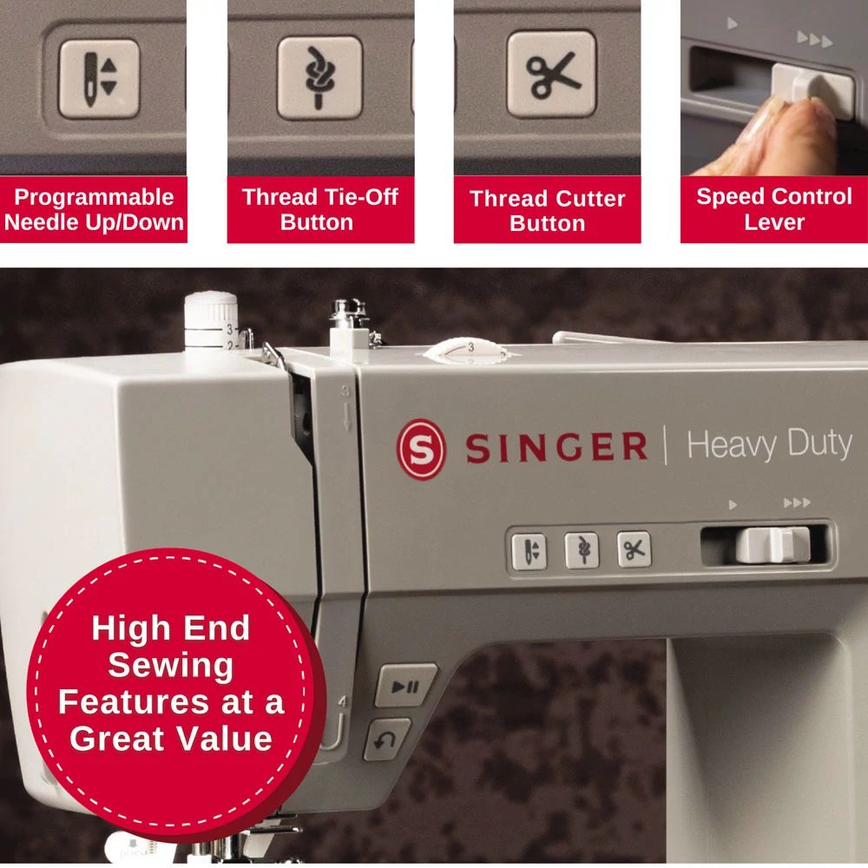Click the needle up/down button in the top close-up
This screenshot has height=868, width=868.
tap(98, 78)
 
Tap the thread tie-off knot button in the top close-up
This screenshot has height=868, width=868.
tap(319, 78)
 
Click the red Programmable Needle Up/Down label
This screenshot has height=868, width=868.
tap(94, 210)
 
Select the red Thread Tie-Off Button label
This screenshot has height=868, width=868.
tap(320, 209)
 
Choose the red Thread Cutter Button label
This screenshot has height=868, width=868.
tap(547, 211)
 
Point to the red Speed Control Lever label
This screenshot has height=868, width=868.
tap(773, 209)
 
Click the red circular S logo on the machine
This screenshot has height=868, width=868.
tap(420, 448)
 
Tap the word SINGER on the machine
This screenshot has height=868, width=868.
tap(556, 448)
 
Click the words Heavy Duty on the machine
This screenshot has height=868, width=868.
tap(769, 444)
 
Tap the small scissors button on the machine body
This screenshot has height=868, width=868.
tap(635, 549)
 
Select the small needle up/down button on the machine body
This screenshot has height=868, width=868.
tap(529, 551)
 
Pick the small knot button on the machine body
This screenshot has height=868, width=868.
tap(582, 550)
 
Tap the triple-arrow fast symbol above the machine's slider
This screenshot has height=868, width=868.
tap(796, 503)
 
